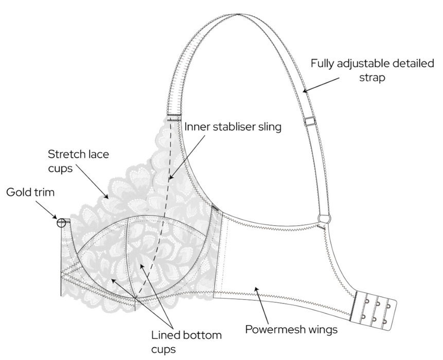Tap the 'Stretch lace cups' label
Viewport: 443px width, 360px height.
pos(78,161)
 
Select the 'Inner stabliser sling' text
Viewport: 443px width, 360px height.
pos(233,127)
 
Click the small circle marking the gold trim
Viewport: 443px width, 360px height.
pos(62,223)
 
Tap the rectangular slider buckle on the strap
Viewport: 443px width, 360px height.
pos(309,122)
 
